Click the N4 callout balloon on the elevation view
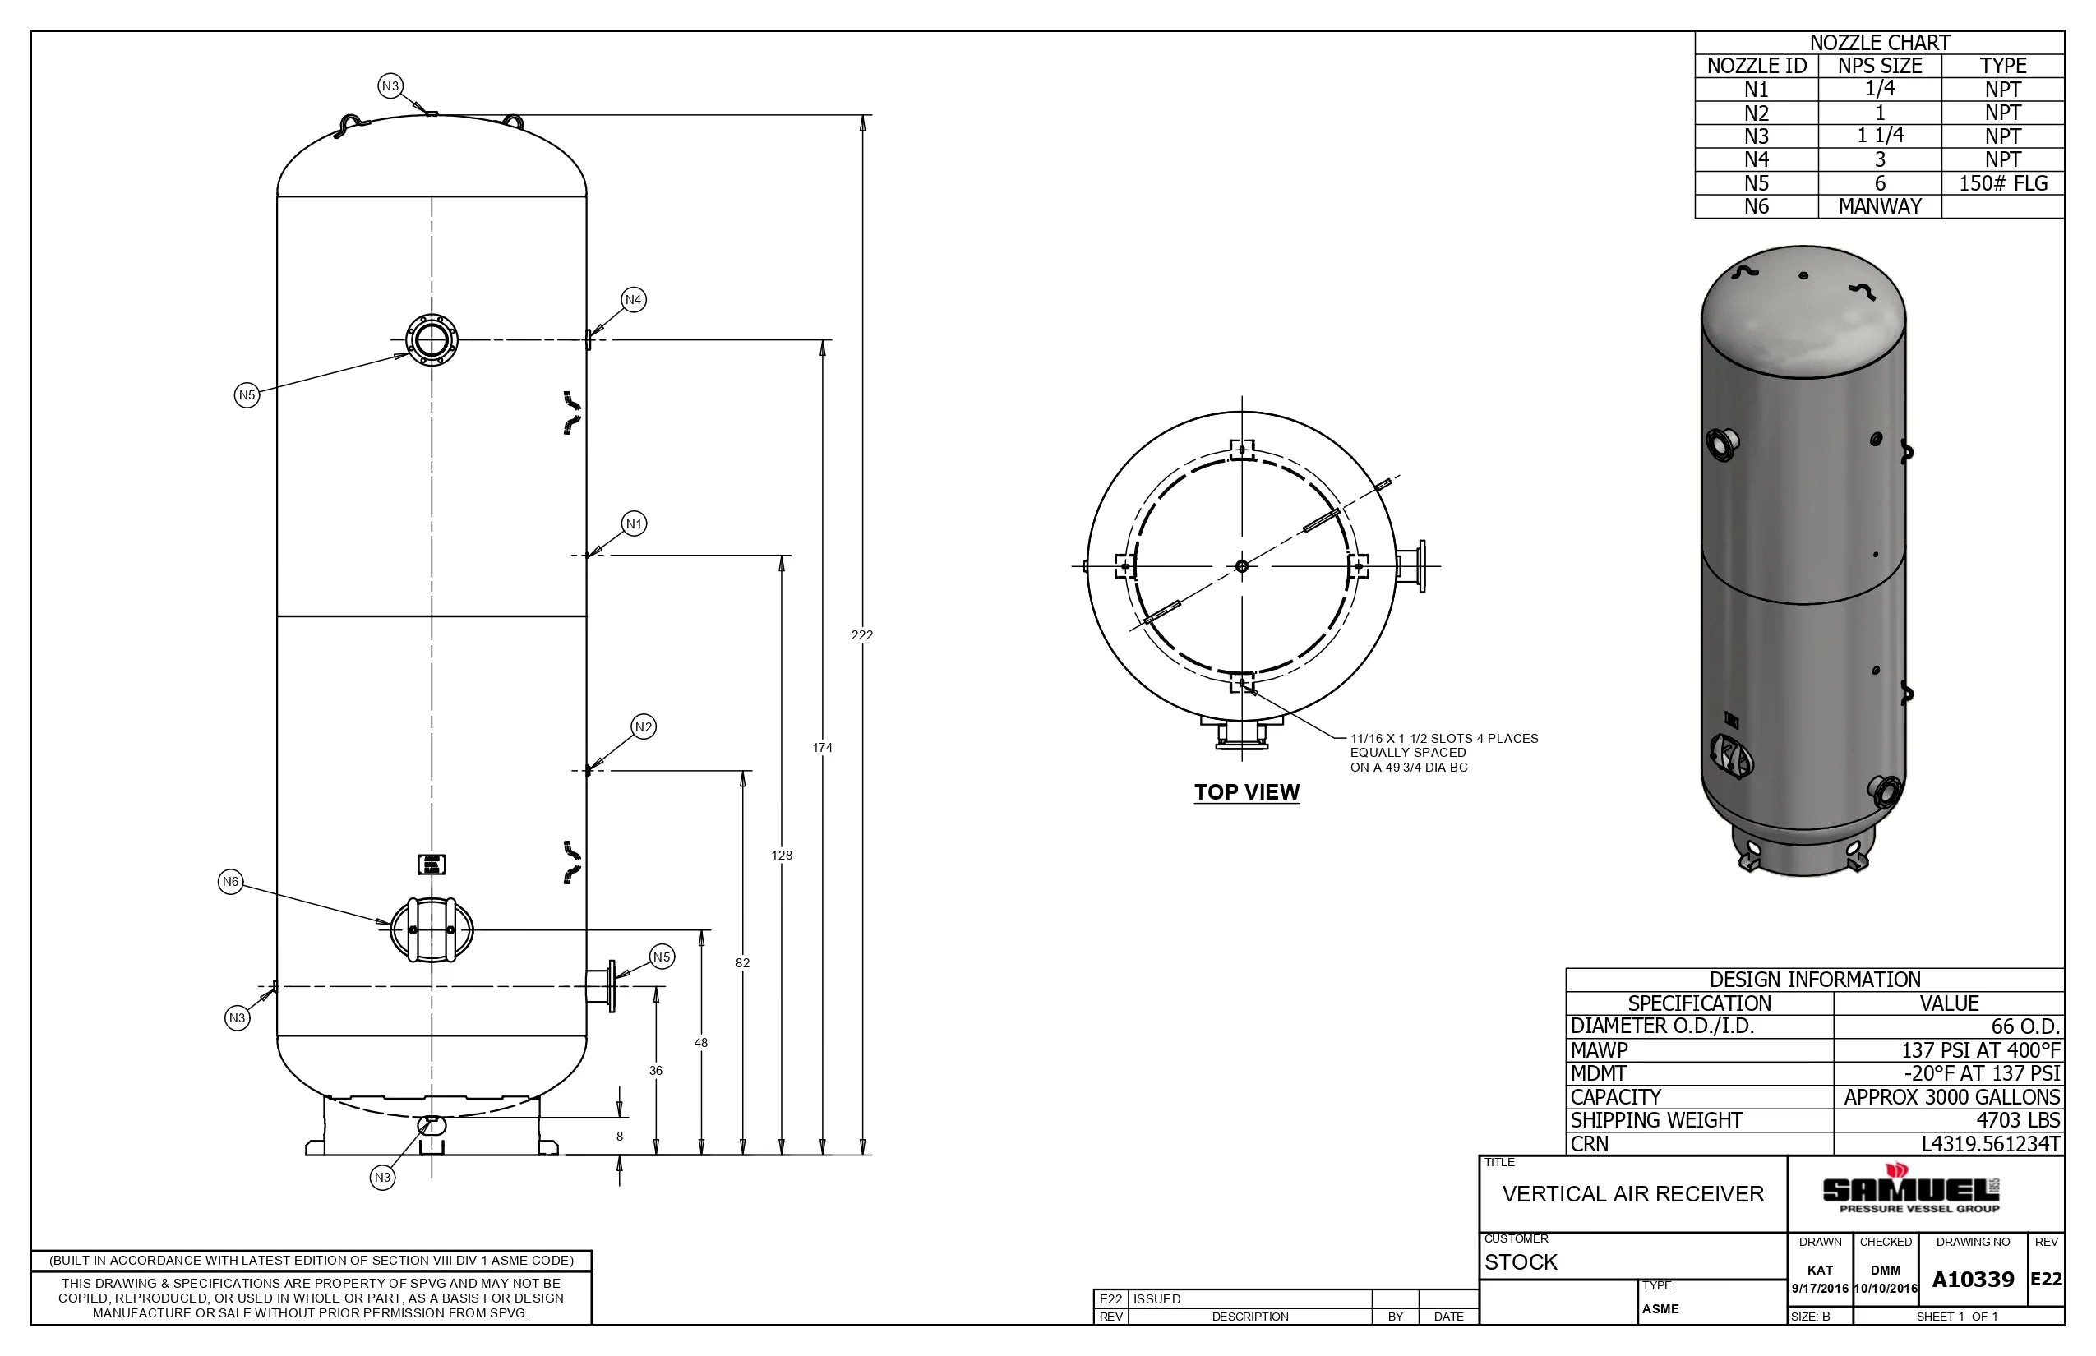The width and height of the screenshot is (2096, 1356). click(x=633, y=299)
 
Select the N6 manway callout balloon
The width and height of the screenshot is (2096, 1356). click(x=230, y=881)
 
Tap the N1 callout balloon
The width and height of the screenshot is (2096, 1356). click(x=634, y=524)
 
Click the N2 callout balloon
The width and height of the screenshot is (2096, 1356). click(x=644, y=726)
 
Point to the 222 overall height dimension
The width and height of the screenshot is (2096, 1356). click(x=861, y=634)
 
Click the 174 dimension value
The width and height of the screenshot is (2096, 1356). click(x=822, y=748)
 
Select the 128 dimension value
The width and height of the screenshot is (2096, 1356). click(x=781, y=855)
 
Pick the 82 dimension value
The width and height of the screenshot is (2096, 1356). click(x=742, y=962)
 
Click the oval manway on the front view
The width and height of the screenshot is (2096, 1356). click(x=432, y=929)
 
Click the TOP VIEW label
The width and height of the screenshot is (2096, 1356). click(x=1246, y=791)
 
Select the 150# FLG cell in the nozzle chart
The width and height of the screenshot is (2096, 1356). click(x=2002, y=183)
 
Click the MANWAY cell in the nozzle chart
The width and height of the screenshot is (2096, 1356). click(x=1879, y=206)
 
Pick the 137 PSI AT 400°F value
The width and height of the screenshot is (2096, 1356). click(x=1980, y=1049)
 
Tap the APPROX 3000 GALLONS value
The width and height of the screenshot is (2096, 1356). click(x=1951, y=1097)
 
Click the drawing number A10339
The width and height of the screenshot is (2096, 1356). click(x=1973, y=1280)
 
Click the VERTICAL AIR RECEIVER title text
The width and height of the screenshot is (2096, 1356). click(x=1632, y=1194)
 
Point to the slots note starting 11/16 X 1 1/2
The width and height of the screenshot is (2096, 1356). click(x=1443, y=753)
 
